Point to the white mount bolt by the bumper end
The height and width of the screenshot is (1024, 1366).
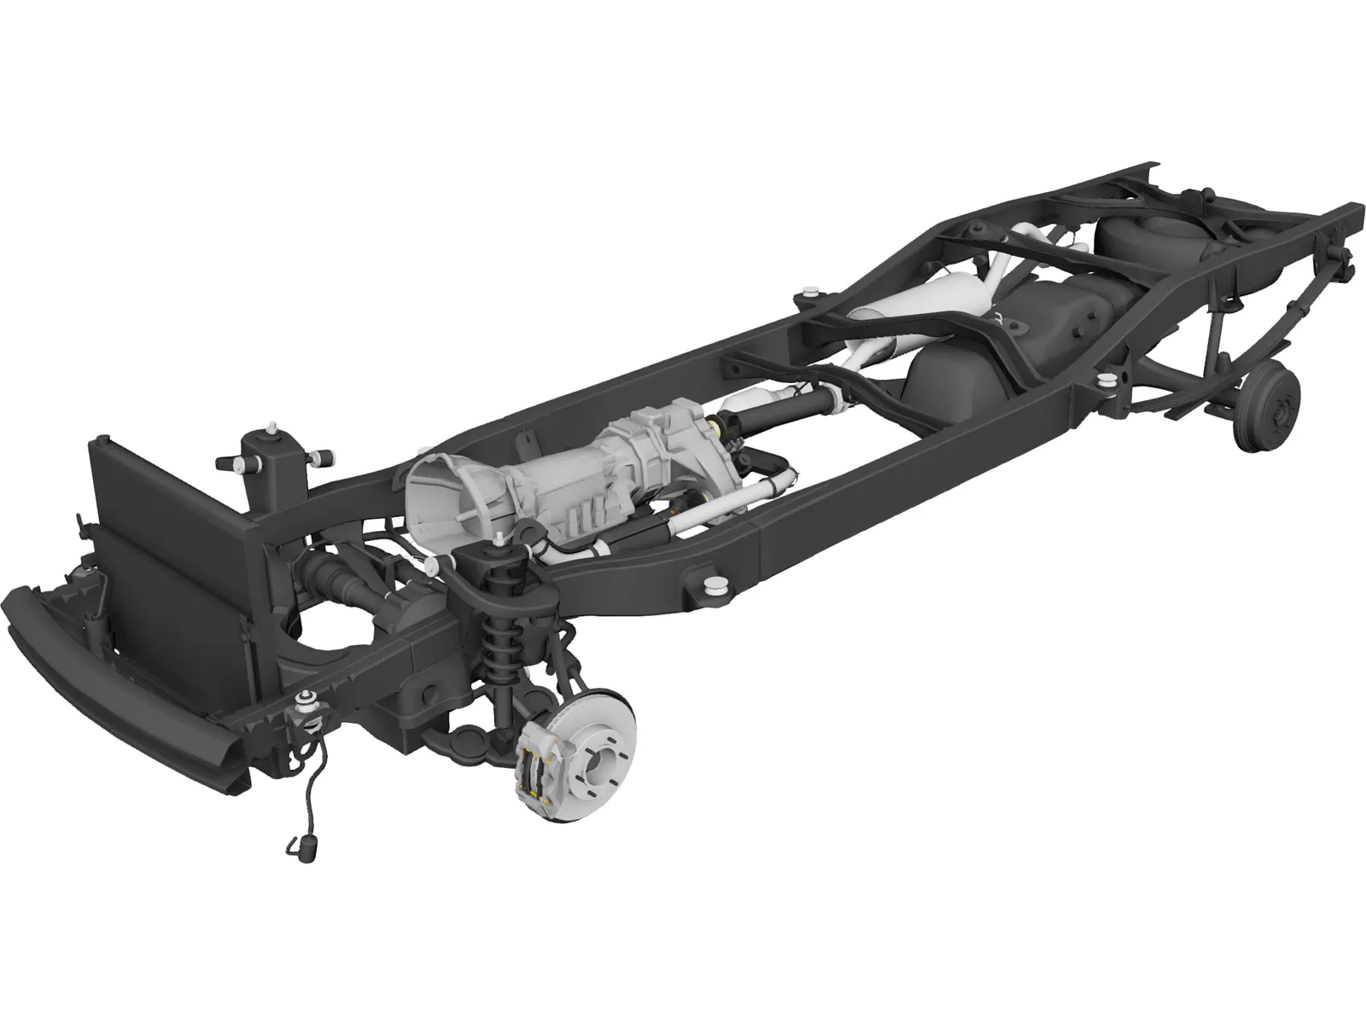[x=304, y=701]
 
